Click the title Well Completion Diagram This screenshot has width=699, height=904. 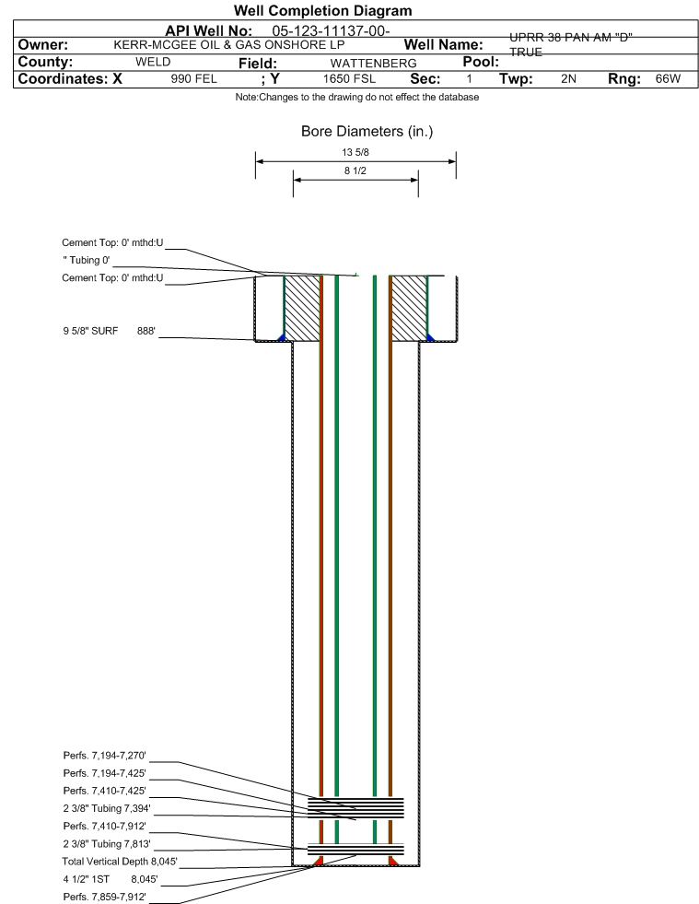[x=322, y=10]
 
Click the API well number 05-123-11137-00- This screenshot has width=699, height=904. [x=331, y=30]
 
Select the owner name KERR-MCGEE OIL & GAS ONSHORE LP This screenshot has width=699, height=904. [x=228, y=45]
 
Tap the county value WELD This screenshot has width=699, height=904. [x=153, y=62]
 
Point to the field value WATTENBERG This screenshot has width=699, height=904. [x=373, y=63]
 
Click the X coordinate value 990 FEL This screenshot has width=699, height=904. [x=193, y=78]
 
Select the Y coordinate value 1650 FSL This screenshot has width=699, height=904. [x=349, y=78]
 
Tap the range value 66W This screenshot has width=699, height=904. [x=668, y=78]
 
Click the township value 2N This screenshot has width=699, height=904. [x=568, y=78]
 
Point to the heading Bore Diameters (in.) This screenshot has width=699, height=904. [x=367, y=132]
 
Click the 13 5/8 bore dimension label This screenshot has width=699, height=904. [x=355, y=152]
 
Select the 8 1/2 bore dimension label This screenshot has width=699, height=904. [x=355, y=170]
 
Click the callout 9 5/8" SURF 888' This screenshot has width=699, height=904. [x=110, y=331]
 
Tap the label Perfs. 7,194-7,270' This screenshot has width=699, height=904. [x=105, y=756]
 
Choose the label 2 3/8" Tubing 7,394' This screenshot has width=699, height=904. [x=107, y=808]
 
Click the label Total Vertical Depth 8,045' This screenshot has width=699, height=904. [x=120, y=862]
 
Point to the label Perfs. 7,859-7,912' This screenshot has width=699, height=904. [x=105, y=897]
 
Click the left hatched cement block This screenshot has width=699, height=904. [x=303, y=309]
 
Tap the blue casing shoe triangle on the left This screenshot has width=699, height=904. [x=281, y=337]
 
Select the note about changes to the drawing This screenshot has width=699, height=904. [x=356, y=97]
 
